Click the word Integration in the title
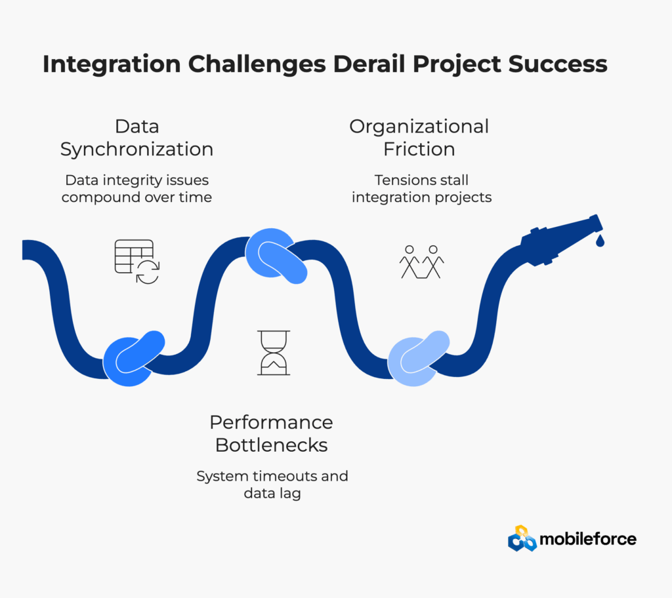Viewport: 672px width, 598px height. pyautogui.click(x=112, y=65)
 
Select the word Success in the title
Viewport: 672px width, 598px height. pyautogui.click(x=558, y=64)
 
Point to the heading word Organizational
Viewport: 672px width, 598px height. pyautogui.click(x=419, y=127)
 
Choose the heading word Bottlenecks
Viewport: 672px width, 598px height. pyautogui.click(x=271, y=445)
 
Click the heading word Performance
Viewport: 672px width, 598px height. pyautogui.click(x=271, y=422)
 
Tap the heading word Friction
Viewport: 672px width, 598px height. pyautogui.click(x=419, y=149)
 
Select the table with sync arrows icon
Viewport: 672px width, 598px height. pyautogui.click(x=137, y=262)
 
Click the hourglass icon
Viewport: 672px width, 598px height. pyautogui.click(x=274, y=353)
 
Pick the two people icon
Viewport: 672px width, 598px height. pyautogui.click(x=422, y=262)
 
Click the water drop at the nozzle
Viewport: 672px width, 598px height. pyautogui.click(x=600, y=241)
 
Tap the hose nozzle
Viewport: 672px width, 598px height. pyautogui.click(x=562, y=240)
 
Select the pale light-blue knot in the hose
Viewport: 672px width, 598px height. pyautogui.click(x=419, y=358)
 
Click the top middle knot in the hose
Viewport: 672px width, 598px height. pyautogui.click(x=276, y=256)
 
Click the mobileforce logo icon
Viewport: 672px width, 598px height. pyautogui.click(x=522, y=538)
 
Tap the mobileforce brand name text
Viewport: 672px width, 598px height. pyautogui.click(x=588, y=539)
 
